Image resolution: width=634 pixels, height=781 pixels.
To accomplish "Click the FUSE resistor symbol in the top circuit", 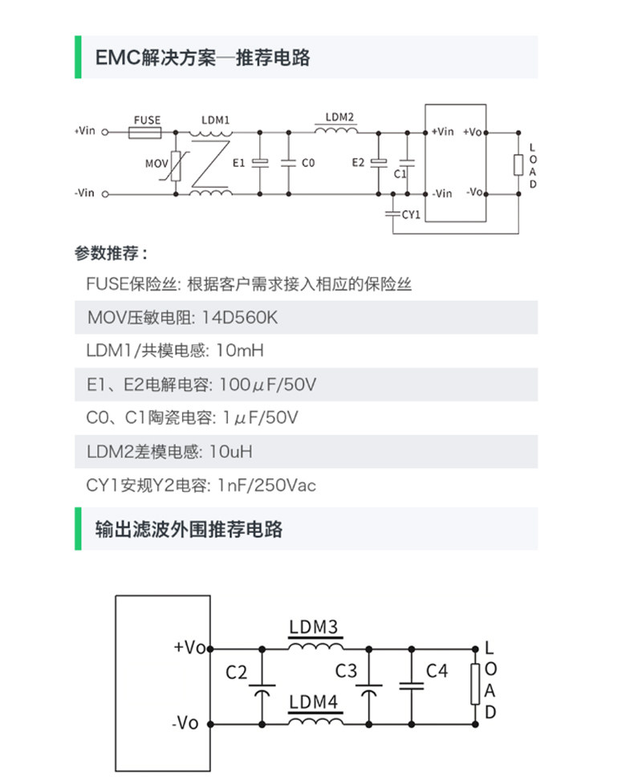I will point(147,132).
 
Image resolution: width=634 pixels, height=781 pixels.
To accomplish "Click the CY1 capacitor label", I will point(411,214).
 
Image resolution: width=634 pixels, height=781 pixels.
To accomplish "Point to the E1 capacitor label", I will point(238,163).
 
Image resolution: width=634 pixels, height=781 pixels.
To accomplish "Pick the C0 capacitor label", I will point(308,163).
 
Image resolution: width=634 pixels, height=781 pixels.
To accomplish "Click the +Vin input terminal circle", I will point(104,132).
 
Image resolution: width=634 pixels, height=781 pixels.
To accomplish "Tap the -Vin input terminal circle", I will point(104,193).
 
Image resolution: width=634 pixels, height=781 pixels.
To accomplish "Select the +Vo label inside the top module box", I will point(473,132).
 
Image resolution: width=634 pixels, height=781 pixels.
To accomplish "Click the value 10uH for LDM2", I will point(230,452).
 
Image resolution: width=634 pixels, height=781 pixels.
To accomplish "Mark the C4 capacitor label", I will point(437,671).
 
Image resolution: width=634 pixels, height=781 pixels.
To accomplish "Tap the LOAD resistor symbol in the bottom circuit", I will point(475,684).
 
